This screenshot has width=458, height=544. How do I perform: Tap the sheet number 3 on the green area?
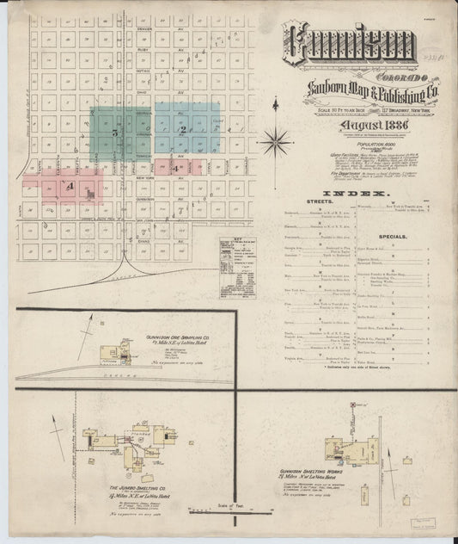pyautogui.click(x=114, y=134)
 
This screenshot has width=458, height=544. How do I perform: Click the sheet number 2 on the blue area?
pyautogui.click(x=183, y=129)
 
